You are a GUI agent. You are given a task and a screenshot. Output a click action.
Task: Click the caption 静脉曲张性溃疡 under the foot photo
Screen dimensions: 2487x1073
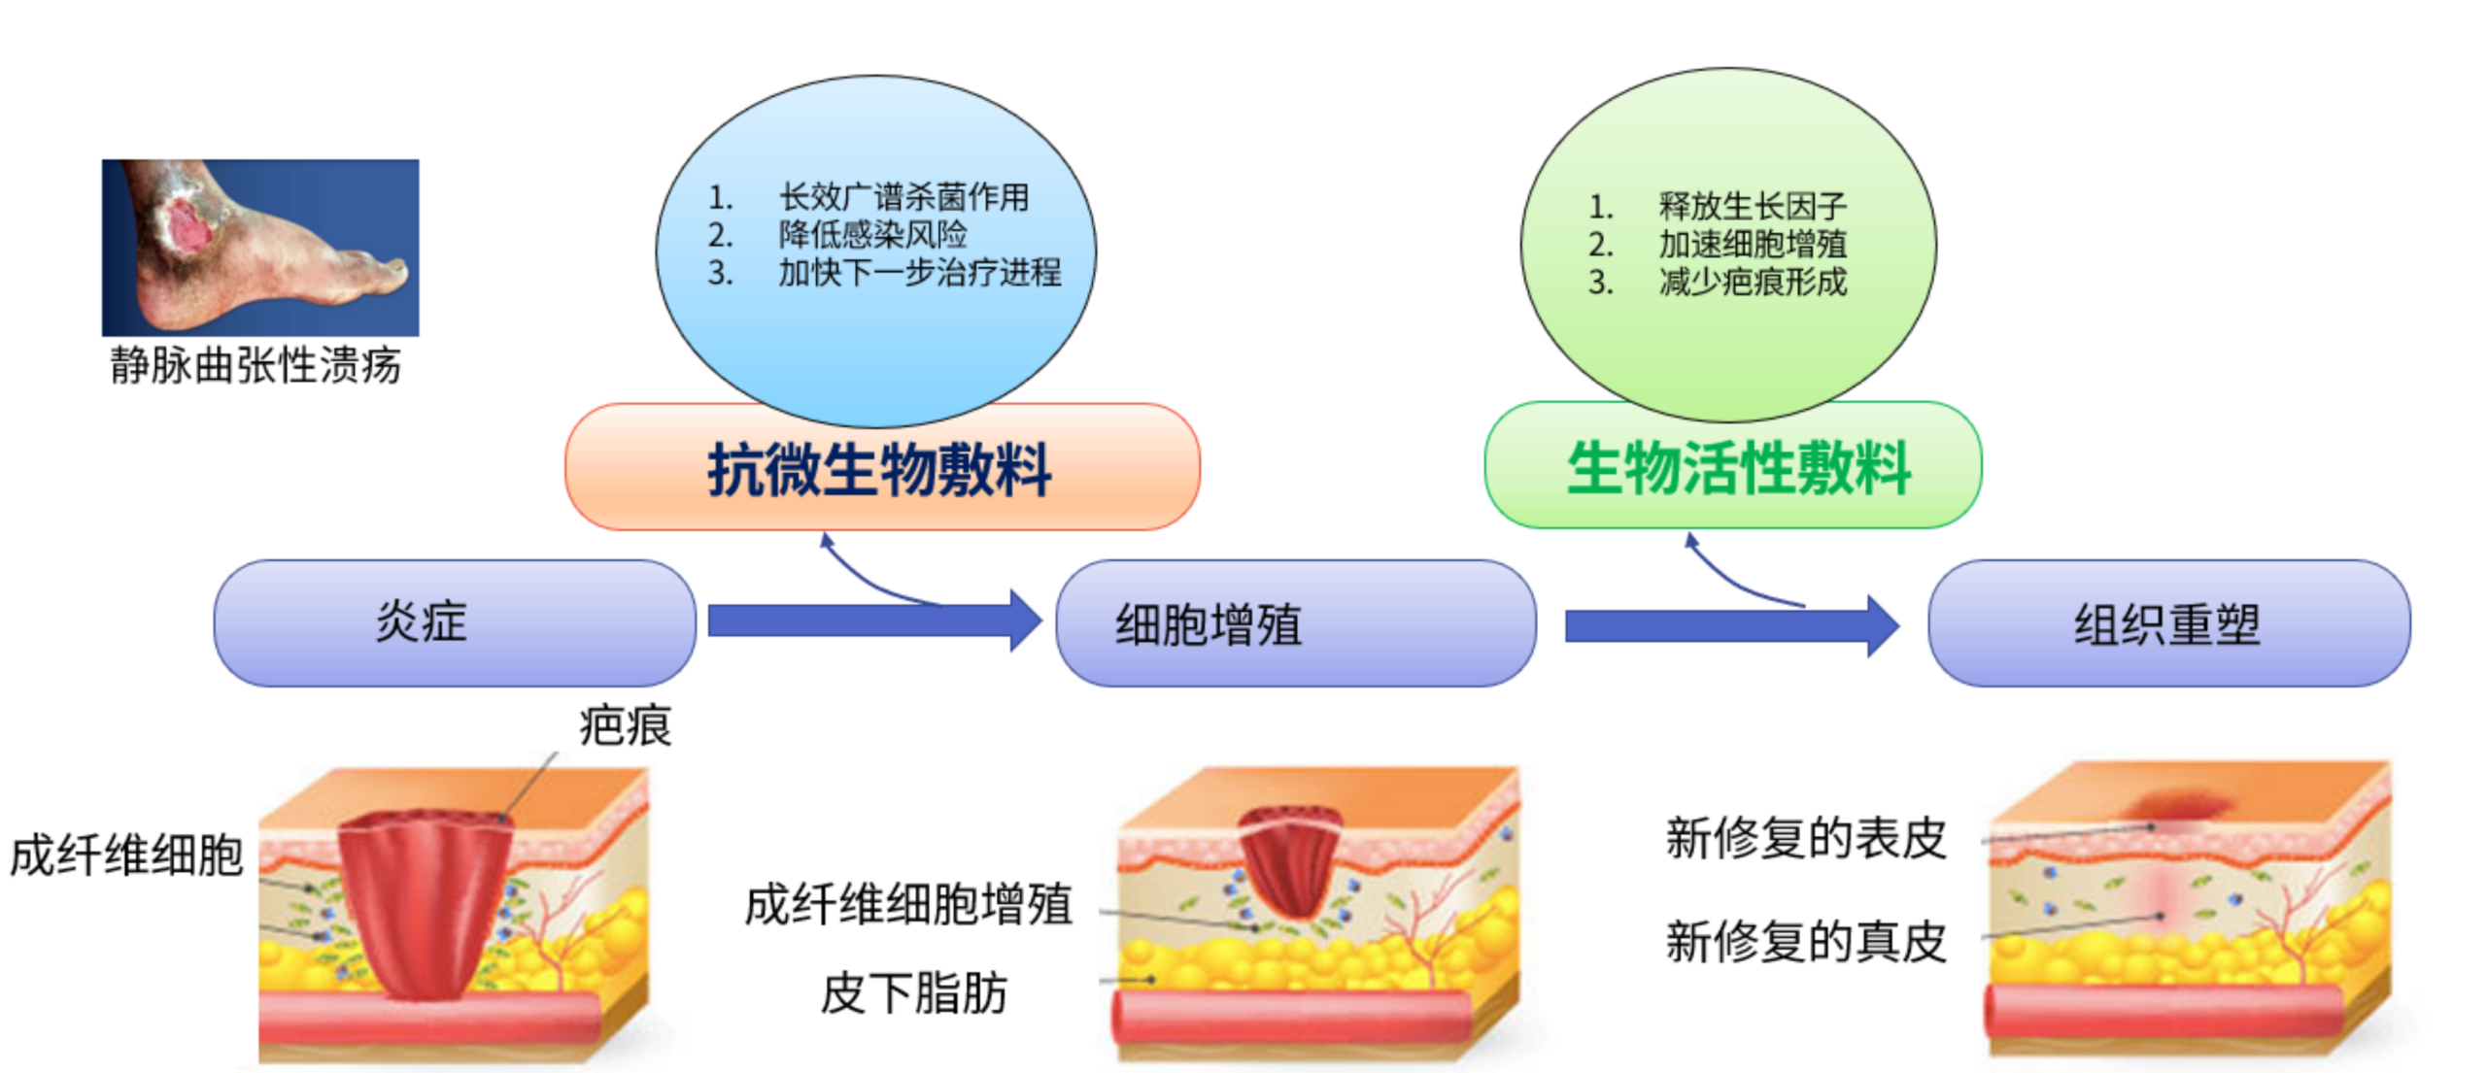(x=255, y=365)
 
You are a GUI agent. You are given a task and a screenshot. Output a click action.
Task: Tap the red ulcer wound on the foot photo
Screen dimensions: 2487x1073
(x=190, y=228)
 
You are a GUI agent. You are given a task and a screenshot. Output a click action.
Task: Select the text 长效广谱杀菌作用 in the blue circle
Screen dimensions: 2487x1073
(x=903, y=197)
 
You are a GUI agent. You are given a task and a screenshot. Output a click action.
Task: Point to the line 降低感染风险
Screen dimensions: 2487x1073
(x=872, y=234)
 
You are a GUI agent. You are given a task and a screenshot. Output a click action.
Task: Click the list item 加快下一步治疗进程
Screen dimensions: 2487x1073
(x=919, y=272)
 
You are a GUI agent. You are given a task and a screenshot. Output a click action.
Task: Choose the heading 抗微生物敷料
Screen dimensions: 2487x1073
(x=879, y=470)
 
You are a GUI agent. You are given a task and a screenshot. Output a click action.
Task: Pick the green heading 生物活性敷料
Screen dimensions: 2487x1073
(x=1738, y=468)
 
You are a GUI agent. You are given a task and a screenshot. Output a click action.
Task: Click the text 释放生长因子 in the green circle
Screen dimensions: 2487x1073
(x=1753, y=206)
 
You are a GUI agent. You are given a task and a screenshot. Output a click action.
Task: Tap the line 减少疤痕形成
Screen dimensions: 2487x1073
(x=1753, y=282)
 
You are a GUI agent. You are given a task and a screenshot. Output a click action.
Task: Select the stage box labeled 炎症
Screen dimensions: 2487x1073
(x=455, y=622)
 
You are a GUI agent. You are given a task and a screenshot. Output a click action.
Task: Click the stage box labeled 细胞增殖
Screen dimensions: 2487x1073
(x=1296, y=622)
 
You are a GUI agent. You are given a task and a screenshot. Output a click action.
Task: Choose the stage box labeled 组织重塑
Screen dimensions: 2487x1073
(x=2168, y=622)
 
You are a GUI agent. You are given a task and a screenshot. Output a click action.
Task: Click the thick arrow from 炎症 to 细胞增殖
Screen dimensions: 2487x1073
(x=874, y=620)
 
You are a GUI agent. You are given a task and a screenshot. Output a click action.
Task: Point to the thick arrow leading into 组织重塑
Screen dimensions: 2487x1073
(x=1732, y=626)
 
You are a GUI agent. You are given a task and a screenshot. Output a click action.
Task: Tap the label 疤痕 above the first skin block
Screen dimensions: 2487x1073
(x=625, y=725)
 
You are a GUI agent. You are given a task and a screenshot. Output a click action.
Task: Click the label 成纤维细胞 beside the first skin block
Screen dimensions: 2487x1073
(x=126, y=855)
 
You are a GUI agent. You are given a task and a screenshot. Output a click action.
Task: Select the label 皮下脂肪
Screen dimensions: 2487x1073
(x=914, y=992)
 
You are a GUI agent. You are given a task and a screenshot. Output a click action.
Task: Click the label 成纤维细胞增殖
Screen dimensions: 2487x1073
(x=908, y=904)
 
